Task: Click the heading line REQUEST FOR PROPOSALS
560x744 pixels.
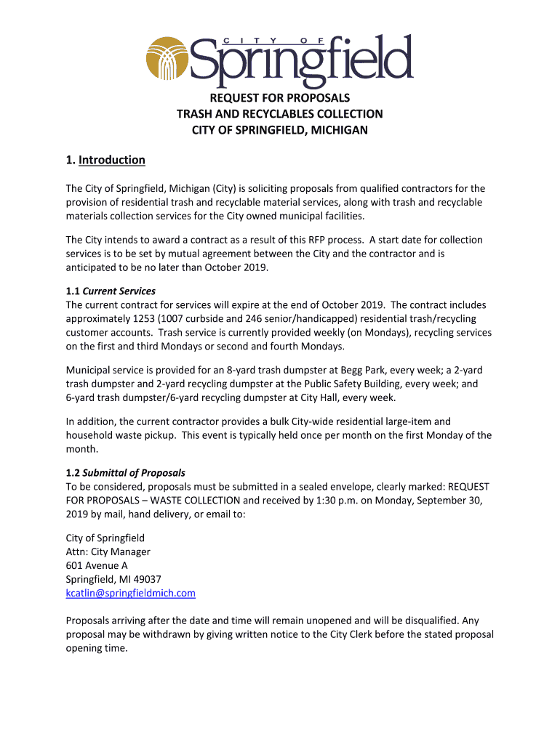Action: [280, 97]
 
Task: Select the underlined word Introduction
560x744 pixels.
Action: [112, 160]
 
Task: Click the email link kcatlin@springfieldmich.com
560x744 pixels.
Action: [131, 593]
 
